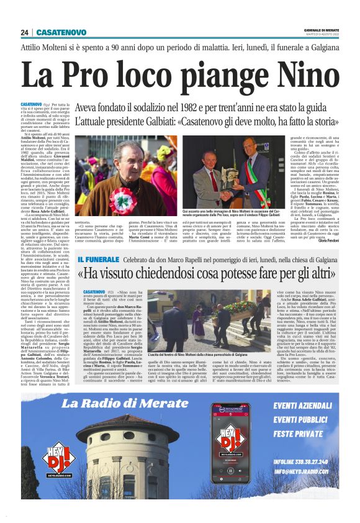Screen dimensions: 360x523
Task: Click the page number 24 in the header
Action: [x=24, y=32]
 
